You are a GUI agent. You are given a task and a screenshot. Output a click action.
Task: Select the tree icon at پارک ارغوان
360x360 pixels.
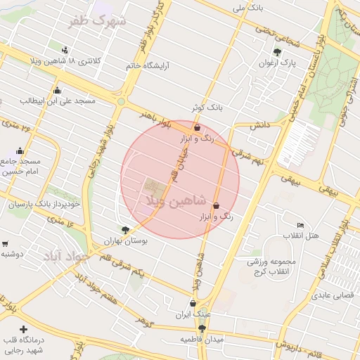[x=278, y=51]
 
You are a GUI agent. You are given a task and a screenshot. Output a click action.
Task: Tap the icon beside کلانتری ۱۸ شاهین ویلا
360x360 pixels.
[x=65, y=50]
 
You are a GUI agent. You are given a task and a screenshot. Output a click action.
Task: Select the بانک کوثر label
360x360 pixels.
[x=207, y=108]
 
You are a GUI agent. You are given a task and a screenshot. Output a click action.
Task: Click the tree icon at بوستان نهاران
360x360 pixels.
[x=125, y=229]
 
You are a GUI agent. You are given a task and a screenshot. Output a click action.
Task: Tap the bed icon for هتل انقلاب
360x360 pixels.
[x=300, y=225]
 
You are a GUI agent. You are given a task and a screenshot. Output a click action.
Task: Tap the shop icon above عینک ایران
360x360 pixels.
[x=192, y=303]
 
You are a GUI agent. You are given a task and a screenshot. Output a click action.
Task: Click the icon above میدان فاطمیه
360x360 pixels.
[x=202, y=328]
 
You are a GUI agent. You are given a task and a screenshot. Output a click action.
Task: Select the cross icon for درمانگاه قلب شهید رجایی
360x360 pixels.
[x=24, y=329]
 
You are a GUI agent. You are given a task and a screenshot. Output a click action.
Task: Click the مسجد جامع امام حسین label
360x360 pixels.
[x=20, y=166]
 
